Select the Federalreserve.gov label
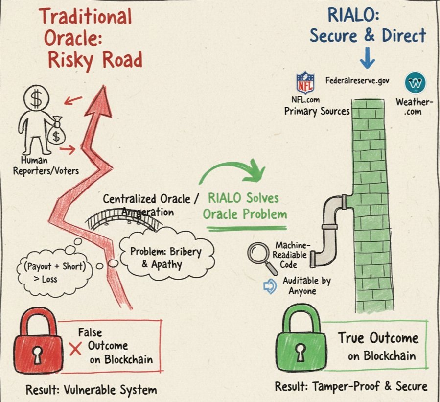coord(357,80)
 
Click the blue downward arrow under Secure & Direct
coord(367,59)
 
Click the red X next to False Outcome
coord(75,349)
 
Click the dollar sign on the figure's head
coord(36,100)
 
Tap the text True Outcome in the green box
coord(378,338)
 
